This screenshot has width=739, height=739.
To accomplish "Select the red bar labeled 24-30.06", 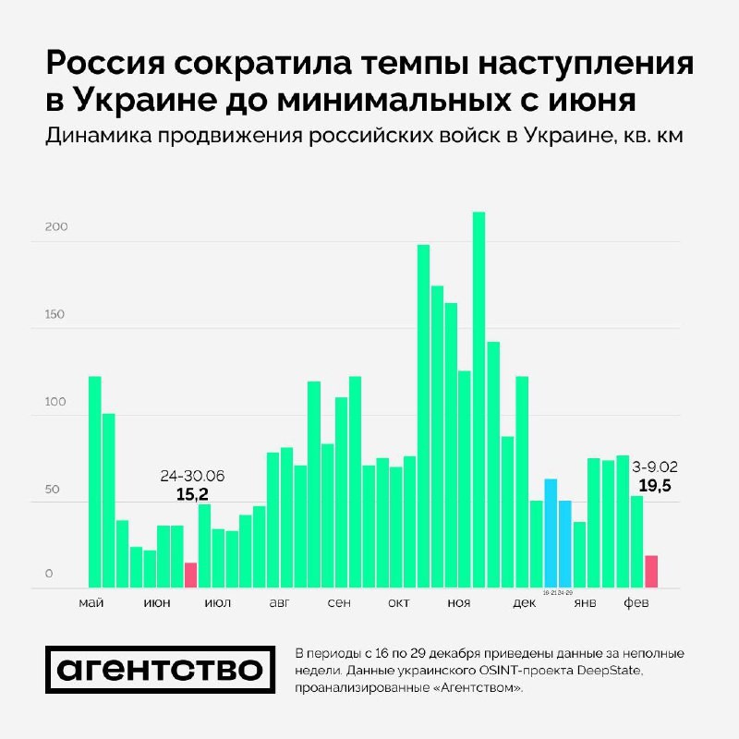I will [191, 575].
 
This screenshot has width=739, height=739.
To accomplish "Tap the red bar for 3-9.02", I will [650, 571].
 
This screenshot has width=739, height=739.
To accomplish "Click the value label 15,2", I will [192, 494].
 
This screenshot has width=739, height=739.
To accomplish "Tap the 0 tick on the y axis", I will [50, 575].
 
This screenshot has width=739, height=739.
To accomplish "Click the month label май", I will [91, 603].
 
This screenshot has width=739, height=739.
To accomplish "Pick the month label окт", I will [399, 603].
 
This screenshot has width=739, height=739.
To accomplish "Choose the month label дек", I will [524, 603].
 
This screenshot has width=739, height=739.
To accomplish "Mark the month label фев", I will [636, 603].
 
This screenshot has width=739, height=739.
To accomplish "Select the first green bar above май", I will [94, 481].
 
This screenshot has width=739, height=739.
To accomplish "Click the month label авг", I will [279, 603].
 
